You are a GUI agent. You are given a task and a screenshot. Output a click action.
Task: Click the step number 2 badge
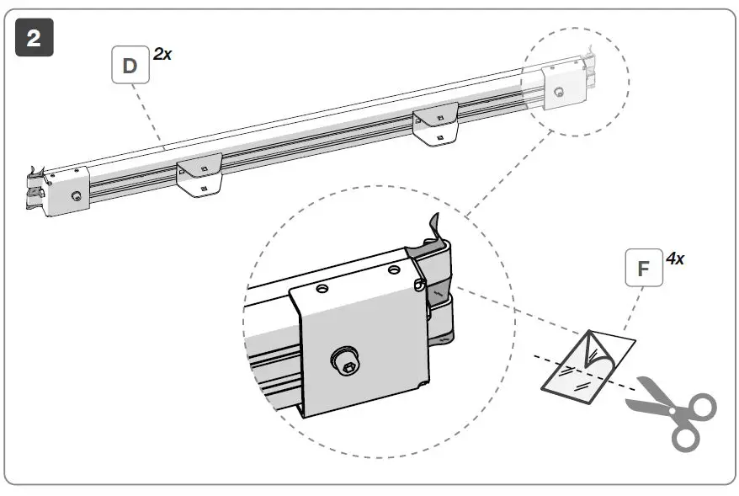35,39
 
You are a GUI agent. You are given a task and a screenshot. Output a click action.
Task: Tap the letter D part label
130,65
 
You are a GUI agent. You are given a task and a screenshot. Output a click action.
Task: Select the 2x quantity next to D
162,55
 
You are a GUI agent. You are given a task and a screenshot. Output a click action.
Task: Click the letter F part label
644,269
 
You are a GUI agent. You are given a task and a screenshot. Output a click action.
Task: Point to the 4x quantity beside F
674,259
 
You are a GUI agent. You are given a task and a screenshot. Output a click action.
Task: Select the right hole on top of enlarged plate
394,271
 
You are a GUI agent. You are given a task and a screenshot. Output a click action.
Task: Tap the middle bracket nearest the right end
435,123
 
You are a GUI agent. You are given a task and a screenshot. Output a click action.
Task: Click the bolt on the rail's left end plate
77,196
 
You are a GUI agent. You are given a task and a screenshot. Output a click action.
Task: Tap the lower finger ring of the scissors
686,436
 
